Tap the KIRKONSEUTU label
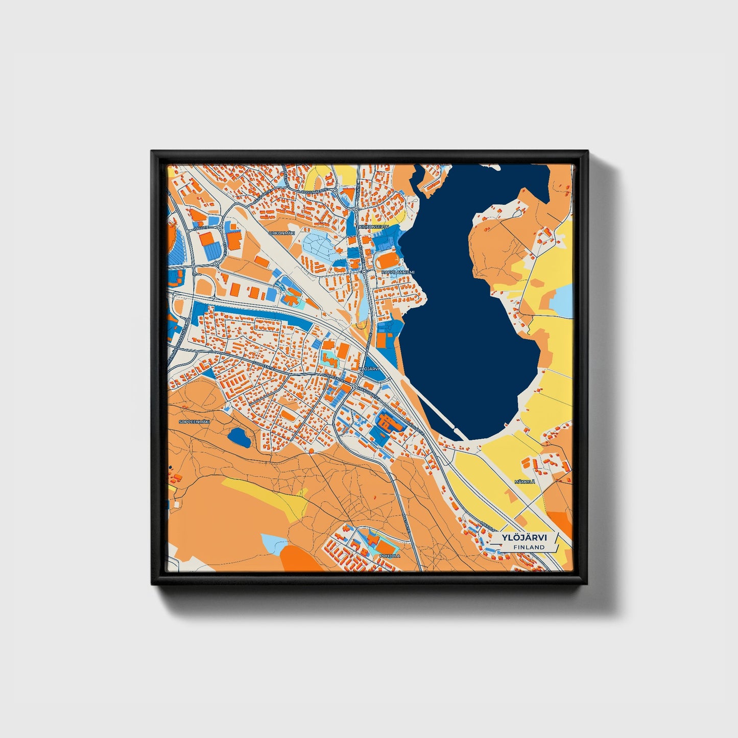[374, 226]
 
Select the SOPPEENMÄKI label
[195, 421]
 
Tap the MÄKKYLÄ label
[525, 482]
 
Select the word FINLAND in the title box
[529, 547]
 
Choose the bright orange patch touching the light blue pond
[299, 558]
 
